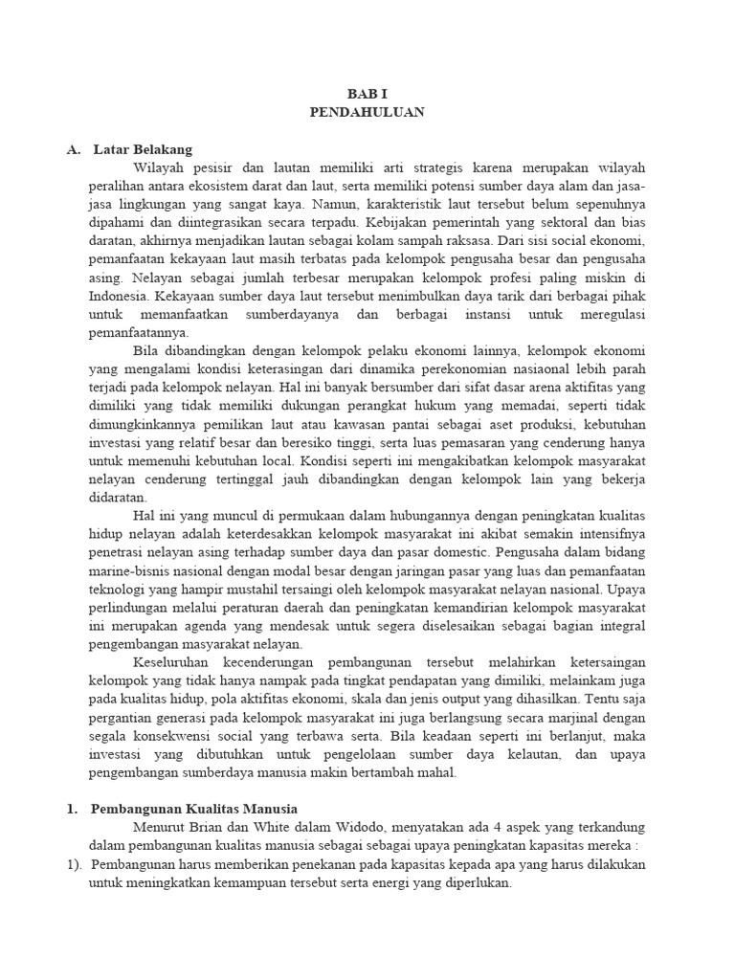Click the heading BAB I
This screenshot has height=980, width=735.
367,95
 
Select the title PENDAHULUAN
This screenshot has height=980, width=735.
367,112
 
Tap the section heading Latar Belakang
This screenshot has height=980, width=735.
143,149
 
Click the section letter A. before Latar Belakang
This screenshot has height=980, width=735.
74,149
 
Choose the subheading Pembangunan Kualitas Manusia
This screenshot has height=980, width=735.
194,809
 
